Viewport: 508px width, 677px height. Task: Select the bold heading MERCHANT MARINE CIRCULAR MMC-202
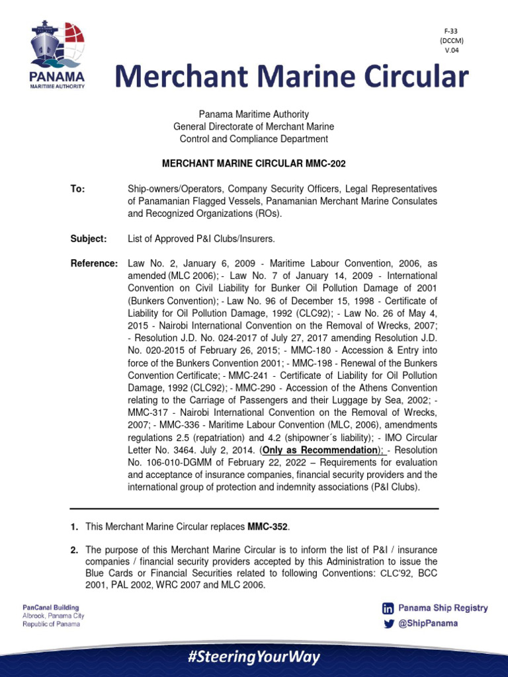pyautogui.click(x=253, y=163)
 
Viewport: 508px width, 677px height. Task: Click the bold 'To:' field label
pyautogui.click(x=78, y=189)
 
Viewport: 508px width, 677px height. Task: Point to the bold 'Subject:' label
pyautogui.click(x=88, y=238)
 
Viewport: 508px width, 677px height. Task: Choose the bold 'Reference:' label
pyautogui.click(x=94, y=263)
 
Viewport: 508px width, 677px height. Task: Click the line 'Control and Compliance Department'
pyautogui.click(x=253, y=139)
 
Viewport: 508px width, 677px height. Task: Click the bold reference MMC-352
pyautogui.click(x=269, y=526)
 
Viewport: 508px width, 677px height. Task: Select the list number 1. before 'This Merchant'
pyautogui.click(x=75, y=526)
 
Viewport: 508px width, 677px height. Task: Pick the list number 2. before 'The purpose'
pyautogui.click(x=75, y=550)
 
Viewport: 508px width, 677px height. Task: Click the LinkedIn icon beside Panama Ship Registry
pyautogui.click(x=388, y=608)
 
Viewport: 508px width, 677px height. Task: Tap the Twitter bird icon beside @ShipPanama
pyautogui.click(x=388, y=623)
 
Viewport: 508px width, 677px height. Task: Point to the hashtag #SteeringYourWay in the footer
pyautogui.click(x=253, y=657)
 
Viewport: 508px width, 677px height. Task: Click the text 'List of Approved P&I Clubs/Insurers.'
pyautogui.click(x=200, y=238)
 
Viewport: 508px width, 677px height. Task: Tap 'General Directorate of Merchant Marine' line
pyautogui.click(x=253, y=126)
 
